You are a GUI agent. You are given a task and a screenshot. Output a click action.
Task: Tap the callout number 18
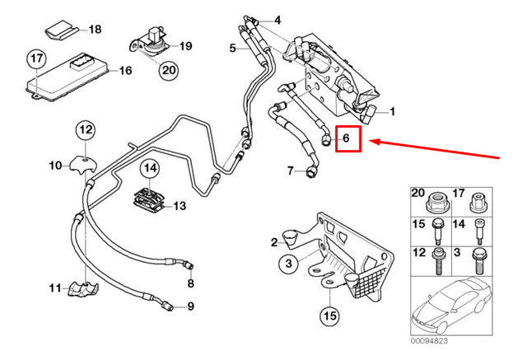coord(95,30)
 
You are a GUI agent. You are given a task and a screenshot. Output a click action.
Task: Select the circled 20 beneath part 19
coord(168,72)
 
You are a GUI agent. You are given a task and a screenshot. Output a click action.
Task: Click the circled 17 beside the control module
coord(35,59)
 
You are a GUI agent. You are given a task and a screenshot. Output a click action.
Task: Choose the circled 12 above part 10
coord(86,129)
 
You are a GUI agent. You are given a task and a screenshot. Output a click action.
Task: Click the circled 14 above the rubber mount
coord(150,170)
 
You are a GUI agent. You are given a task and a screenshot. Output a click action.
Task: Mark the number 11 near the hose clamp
coord(54,288)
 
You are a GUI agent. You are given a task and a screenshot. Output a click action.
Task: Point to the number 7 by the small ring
coord(290,171)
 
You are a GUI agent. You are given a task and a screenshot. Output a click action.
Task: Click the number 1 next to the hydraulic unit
coord(393,111)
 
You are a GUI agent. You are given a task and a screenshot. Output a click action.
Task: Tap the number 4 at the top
coord(277,19)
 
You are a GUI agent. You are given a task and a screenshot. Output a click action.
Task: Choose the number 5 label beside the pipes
coord(233,49)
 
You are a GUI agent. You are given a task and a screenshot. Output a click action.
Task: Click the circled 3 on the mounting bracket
coord(286,264)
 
